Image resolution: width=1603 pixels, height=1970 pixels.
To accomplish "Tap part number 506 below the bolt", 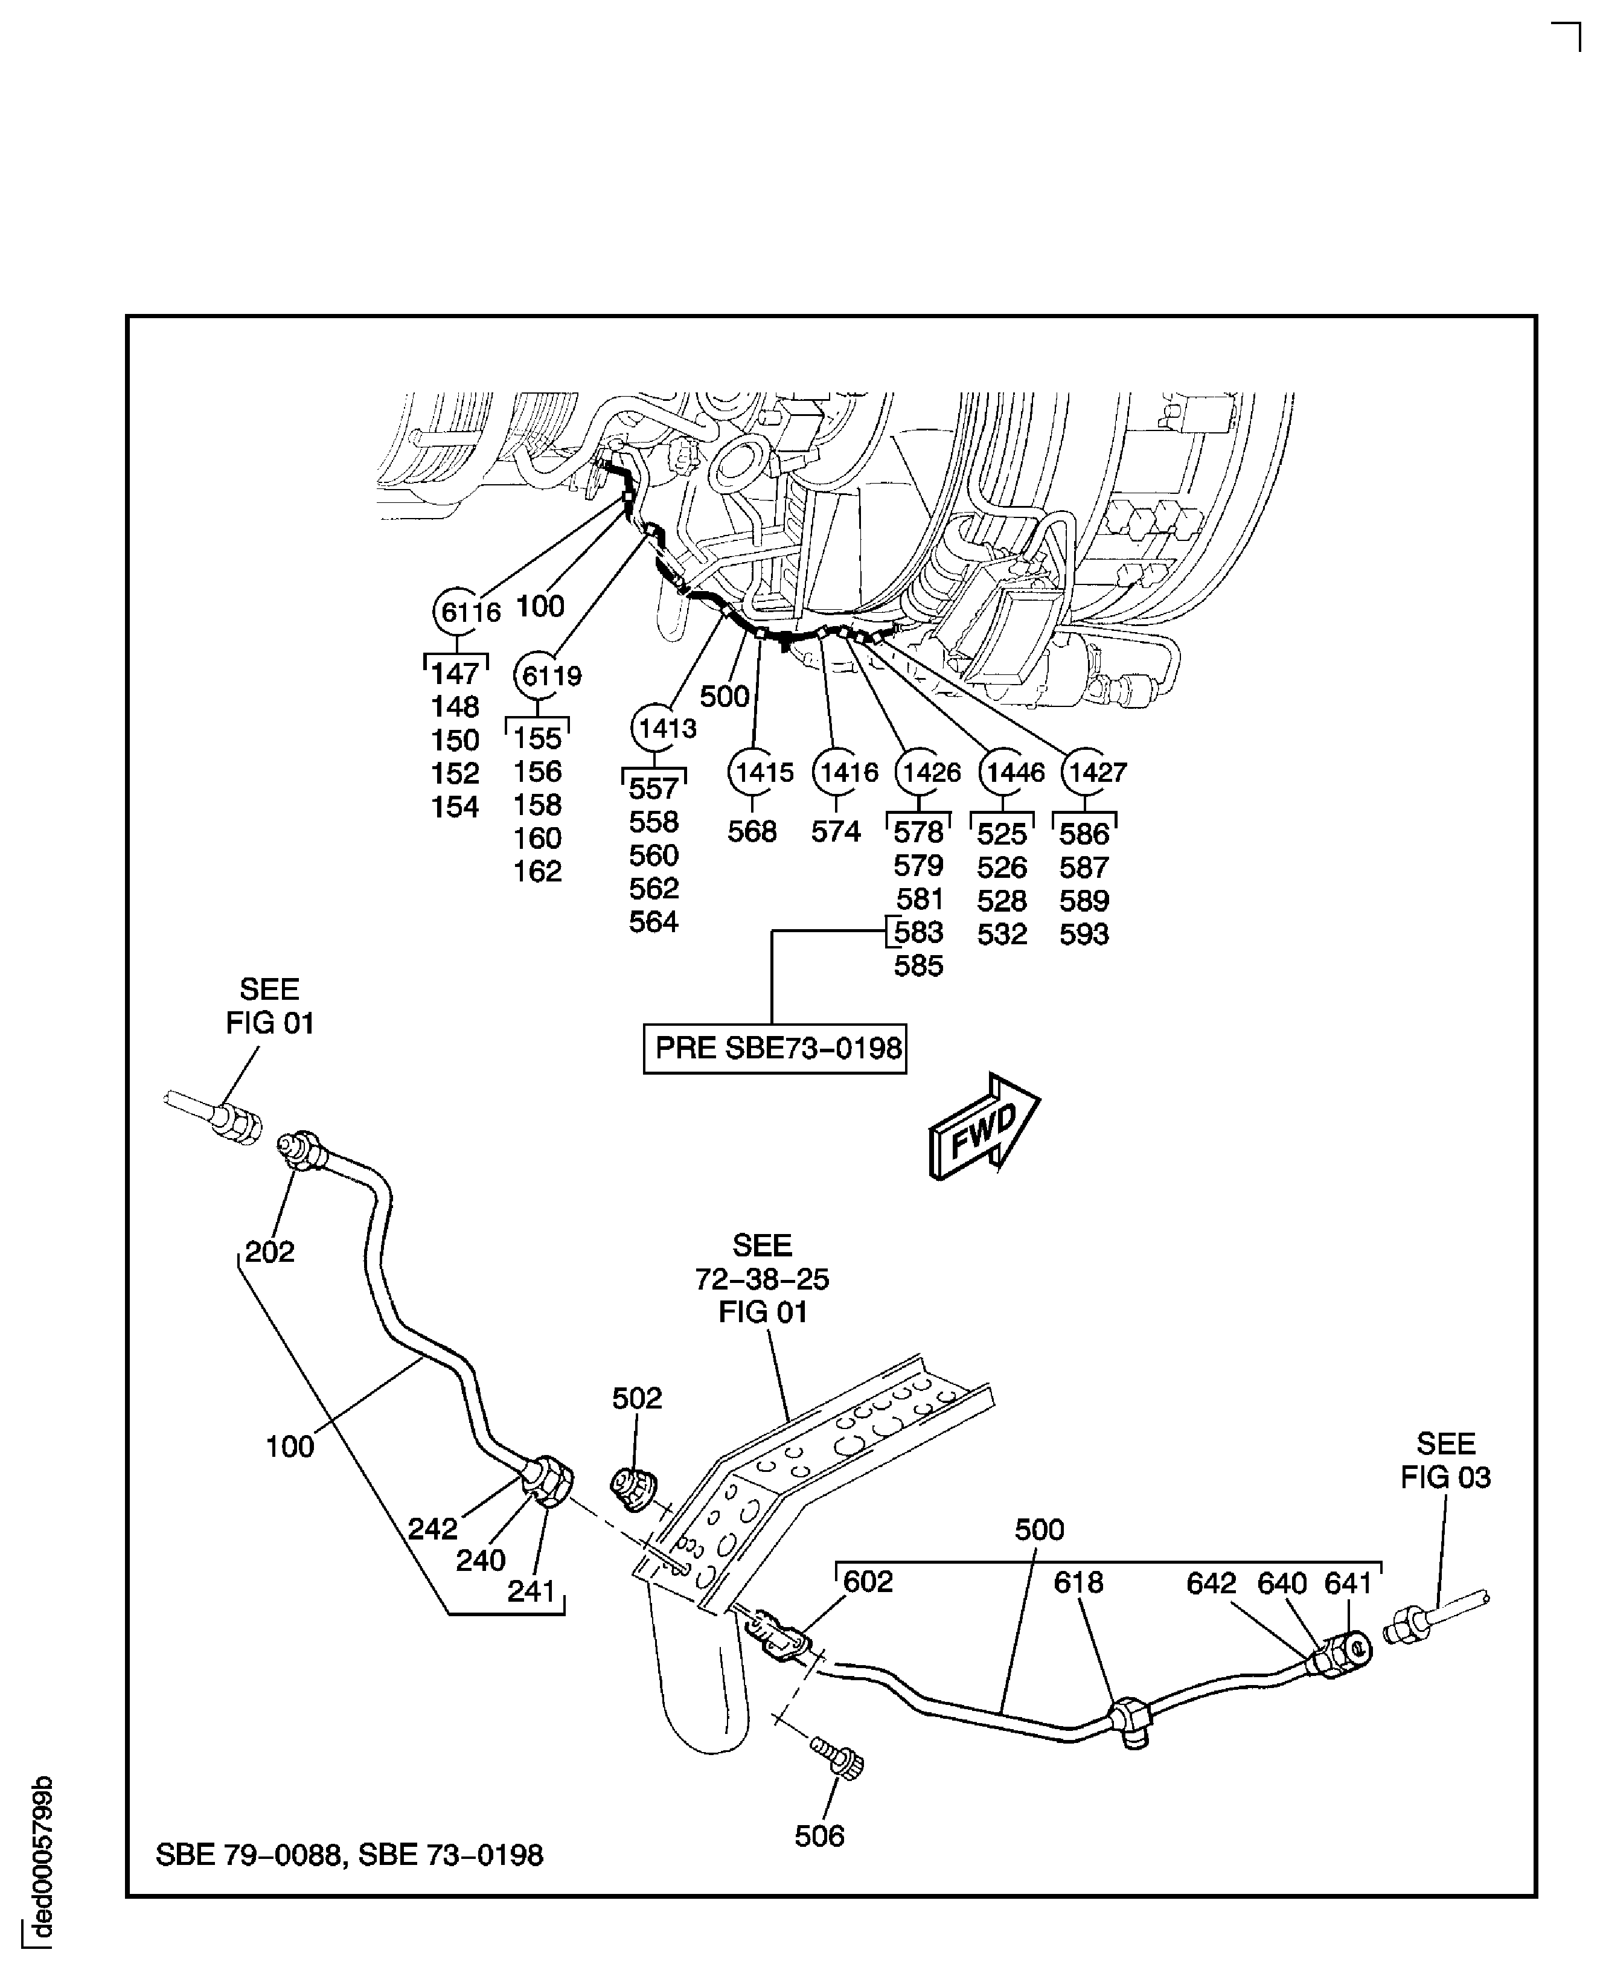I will [819, 1836].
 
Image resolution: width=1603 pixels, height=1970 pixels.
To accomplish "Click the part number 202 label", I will [270, 1252].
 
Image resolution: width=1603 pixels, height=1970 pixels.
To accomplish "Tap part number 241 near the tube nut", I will [531, 1591].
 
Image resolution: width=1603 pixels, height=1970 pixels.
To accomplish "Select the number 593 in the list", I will [1083, 934].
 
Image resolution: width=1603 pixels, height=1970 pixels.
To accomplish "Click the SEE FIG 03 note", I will [1445, 1460].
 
